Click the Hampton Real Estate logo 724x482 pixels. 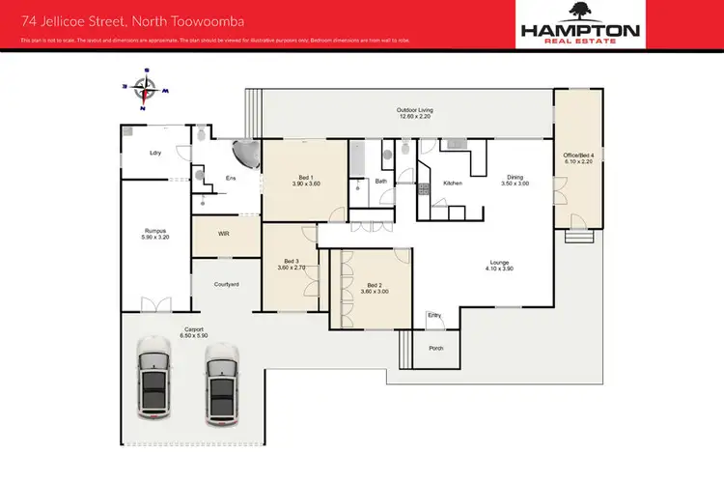pos(580,23)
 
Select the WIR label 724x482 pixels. pos(224,234)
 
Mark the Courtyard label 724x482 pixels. pos(226,283)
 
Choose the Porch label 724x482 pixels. pos(436,348)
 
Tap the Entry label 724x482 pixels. pos(434,315)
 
